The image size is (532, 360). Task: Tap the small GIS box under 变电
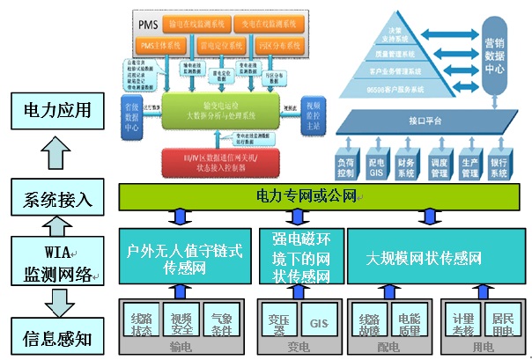(315, 322)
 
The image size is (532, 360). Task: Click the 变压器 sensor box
(277, 322)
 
